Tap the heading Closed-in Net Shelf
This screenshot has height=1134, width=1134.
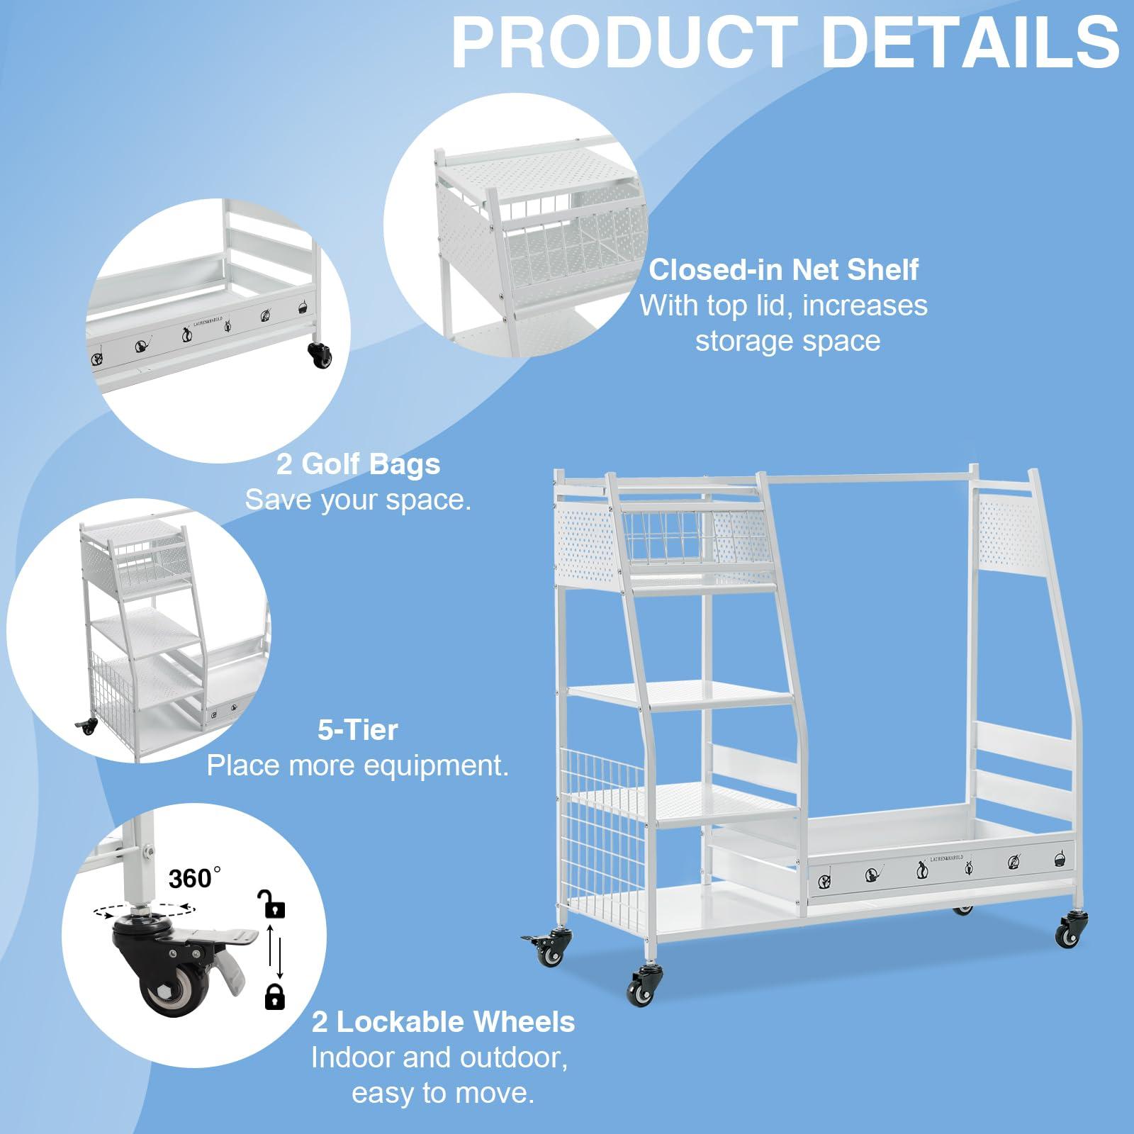click(784, 269)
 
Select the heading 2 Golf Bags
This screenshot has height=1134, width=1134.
click(359, 464)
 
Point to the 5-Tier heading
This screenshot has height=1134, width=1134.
click(358, 730)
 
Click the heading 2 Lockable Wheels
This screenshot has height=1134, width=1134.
click(444, 1022)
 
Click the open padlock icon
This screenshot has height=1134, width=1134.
click(271, 904)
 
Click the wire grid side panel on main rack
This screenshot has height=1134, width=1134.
click(606, 830)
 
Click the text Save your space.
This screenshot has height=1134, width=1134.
click(358, 500)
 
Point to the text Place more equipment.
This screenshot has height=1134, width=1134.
click(358, 766)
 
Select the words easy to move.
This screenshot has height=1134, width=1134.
click(443, 1094)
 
